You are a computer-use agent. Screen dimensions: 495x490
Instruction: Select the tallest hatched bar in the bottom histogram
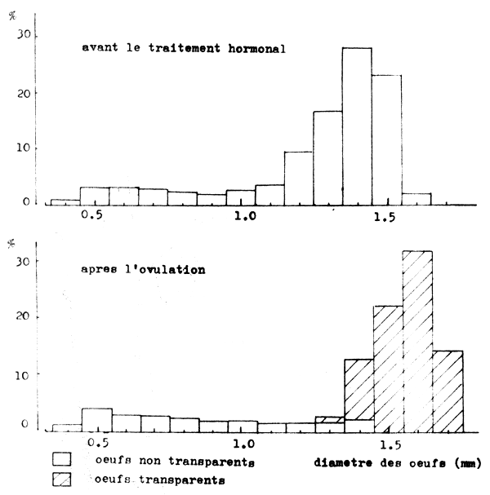click(x=417, y=343)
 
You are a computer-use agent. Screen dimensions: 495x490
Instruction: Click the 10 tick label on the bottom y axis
click(x=24, y=373)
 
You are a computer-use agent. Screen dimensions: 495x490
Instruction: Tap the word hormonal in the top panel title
click(x=254, y=48)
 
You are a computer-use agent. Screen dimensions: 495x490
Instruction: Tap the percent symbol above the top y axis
click(x=11, y=14)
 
